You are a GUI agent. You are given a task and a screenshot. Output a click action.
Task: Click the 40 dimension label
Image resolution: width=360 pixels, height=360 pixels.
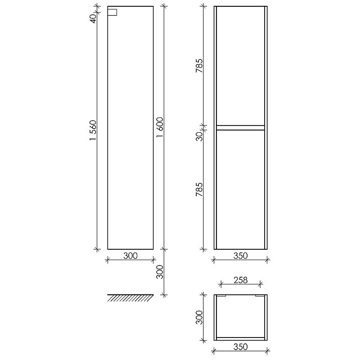(x=93, y=18)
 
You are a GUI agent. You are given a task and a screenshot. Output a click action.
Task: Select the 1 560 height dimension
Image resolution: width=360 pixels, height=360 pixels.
(x=93, y=130)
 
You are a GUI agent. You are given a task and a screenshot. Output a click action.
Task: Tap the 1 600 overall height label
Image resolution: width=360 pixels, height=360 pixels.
(x=160, y=127)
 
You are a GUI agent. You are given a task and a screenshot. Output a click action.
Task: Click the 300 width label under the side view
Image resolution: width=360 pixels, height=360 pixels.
(x=130, y=256)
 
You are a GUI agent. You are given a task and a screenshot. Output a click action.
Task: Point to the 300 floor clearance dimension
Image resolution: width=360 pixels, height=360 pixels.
(x=160, y=272)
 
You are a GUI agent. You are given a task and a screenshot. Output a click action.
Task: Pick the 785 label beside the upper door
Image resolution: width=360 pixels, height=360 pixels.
(x=199, y=66)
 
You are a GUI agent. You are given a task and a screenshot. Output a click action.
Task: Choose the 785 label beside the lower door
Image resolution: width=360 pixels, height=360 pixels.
(x=199, y=189)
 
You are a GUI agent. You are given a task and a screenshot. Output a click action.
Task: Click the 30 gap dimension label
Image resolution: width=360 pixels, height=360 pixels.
(x=199, y=136)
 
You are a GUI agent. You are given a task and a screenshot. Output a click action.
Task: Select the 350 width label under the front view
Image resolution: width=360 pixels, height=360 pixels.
(x=241, y=256)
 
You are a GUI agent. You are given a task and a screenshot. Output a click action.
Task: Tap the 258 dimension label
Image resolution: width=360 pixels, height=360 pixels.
(x=241, y=280)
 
